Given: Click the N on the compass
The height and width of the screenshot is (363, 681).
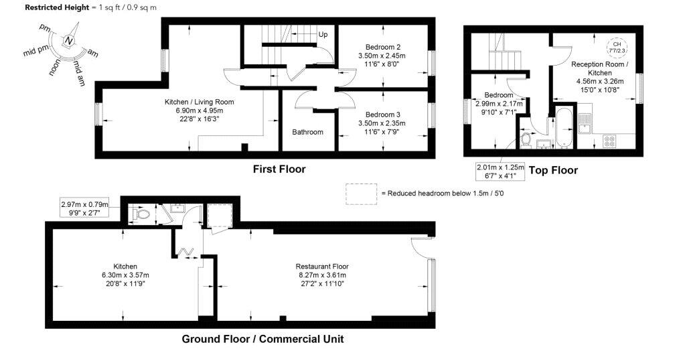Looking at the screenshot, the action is pos(68,41).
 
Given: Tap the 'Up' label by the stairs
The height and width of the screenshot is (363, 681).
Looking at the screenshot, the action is pos(323,34).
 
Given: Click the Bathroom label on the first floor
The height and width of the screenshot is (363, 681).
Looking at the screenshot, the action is pos(307,132).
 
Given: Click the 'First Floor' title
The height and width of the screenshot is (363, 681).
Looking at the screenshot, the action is pos(279,169).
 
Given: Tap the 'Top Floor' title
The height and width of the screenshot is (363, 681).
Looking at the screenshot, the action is pos(553,170).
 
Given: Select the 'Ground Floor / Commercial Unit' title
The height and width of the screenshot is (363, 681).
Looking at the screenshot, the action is pos(262,339).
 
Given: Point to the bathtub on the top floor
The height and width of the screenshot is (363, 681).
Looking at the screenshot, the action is pos(563,127).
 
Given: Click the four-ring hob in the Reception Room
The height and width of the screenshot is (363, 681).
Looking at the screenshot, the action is pos(609,141).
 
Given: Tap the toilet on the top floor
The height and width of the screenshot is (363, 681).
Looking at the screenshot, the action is pos(526,140).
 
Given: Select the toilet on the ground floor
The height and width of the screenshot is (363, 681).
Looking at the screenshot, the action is pos(141,214).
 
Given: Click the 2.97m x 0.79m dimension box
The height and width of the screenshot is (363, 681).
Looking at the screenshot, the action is pos(84,208).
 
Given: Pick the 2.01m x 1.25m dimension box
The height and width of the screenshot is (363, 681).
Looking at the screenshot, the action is pos(500,171).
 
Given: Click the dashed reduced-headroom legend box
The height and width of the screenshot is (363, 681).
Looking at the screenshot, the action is pos(362,194).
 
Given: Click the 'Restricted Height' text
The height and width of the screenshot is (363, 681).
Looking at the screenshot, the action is pos(57,7).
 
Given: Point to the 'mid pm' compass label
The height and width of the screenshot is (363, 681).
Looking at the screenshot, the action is pos(36,50).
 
